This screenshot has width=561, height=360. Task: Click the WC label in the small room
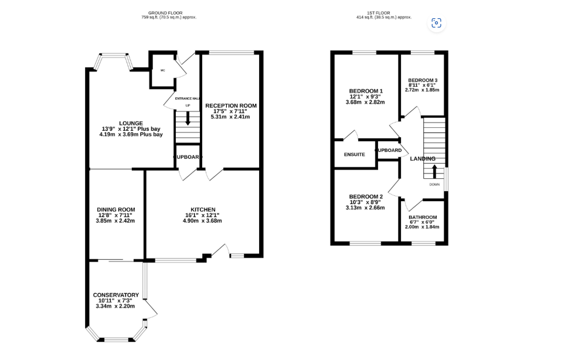click(163, 70)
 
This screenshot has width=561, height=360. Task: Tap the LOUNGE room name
click(131, 124)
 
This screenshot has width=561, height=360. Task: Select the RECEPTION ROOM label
click(231, 106)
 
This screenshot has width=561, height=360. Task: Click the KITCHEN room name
click(203, 210)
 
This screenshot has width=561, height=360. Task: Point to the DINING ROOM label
click(116, 210)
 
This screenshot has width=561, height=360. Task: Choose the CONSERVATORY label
click(116, 295)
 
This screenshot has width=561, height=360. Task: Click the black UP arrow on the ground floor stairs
click(188, 118)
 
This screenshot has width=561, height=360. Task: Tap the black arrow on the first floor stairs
click(434, 171)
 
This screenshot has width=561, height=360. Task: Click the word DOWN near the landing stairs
click(434, 185)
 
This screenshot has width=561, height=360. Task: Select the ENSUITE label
click(354, 155)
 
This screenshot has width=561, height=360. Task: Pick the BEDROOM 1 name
click(366, 91)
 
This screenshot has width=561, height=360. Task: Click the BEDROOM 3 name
click(423, 80)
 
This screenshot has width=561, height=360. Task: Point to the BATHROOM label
click(423, 217)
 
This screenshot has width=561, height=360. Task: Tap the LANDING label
click(423, 158)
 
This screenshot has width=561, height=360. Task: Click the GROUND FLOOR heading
click(165, 13)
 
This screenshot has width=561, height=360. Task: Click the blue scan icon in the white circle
click(437, 23)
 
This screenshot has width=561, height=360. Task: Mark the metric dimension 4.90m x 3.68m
click(202, 221)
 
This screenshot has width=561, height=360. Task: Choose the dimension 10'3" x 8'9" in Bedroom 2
click(365, 202)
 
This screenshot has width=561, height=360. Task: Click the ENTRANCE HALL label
click(187, 99)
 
